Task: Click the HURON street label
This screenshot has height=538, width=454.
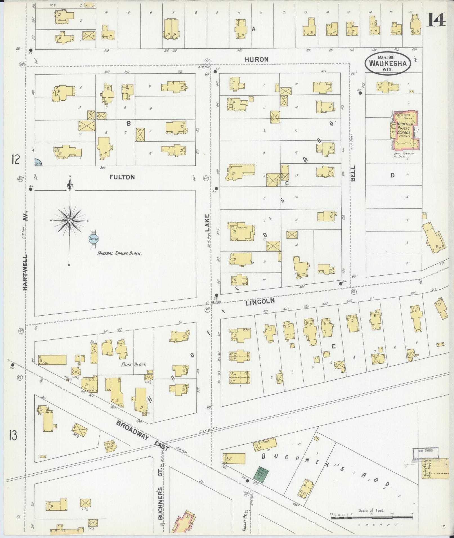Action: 256,60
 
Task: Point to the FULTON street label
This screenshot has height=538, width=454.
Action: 122,177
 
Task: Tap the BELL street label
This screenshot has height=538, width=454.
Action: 353,173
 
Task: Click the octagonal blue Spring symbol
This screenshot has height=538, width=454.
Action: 93,239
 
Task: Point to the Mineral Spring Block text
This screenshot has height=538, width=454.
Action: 119,253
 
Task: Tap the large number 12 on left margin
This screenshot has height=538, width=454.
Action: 15,160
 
